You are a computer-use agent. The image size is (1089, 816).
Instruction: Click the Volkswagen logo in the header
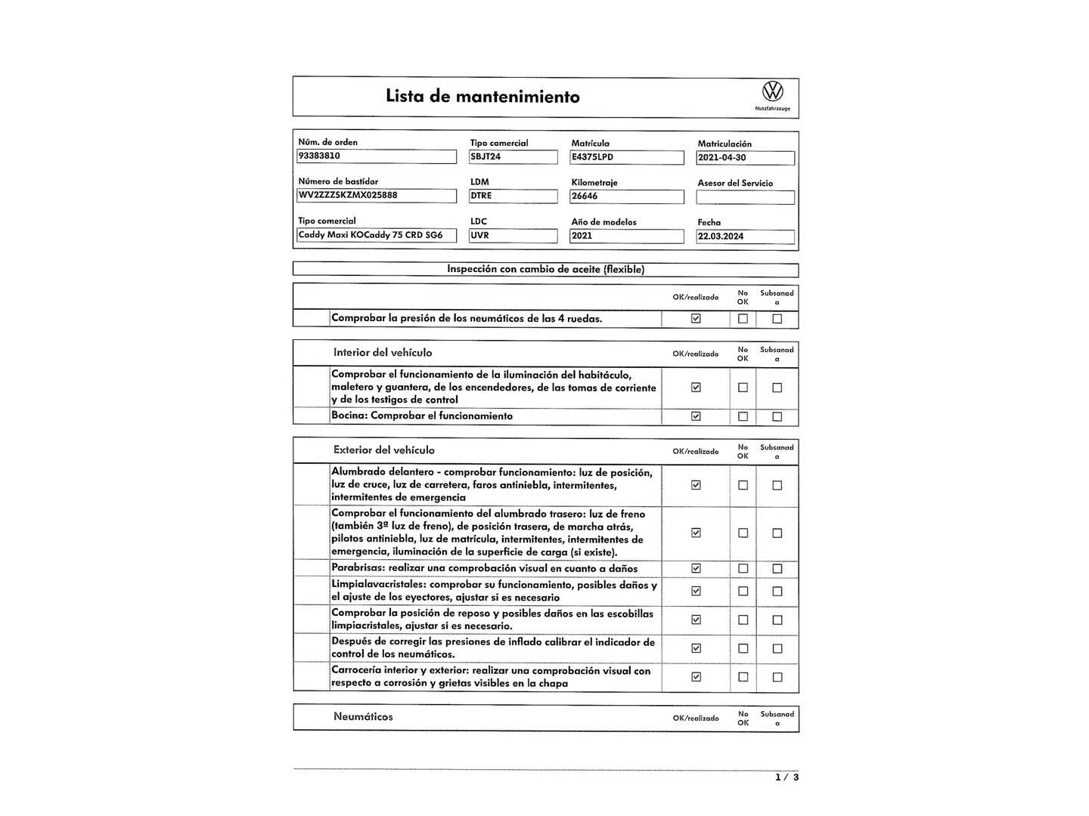(x=772, y=92)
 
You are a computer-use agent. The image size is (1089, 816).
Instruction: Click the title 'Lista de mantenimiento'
(x=482, y=97)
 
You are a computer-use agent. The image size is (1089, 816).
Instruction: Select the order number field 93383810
(x=377, y=156)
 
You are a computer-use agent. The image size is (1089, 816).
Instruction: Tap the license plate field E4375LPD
(x=626, y=157)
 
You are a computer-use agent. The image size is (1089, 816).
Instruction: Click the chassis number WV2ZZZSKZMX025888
(x=377, y=196)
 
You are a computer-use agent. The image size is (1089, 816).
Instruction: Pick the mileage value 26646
(x=626, y=196)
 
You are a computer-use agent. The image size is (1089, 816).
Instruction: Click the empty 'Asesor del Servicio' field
(x=745, y=197)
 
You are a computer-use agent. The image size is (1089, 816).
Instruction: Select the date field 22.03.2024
(x=745, y=236)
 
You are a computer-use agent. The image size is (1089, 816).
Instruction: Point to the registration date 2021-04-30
(x=745, y=158)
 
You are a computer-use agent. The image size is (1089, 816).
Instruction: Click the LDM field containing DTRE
(x=513, y=196)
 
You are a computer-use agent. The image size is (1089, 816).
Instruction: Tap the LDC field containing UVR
(x=513, y=236)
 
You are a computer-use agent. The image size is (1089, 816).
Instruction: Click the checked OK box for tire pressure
(x=696, y=319)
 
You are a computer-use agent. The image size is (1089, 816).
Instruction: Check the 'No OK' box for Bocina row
(x=743, y=416)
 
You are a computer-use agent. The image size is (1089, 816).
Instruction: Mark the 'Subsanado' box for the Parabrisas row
(x=777, y=569)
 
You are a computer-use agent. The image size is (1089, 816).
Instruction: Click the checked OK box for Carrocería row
(x=696, y=677)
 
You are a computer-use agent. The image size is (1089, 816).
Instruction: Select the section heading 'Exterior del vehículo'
(x=383, y=450)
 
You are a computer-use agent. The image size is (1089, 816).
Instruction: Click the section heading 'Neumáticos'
(x=363, y=717)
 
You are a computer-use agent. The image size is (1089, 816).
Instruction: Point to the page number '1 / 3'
(x=786, y=777)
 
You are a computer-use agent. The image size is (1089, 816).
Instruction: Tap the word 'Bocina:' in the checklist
(x=349, y=416)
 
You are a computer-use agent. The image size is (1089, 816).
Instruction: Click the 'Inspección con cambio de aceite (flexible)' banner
(x=545, y=270)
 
